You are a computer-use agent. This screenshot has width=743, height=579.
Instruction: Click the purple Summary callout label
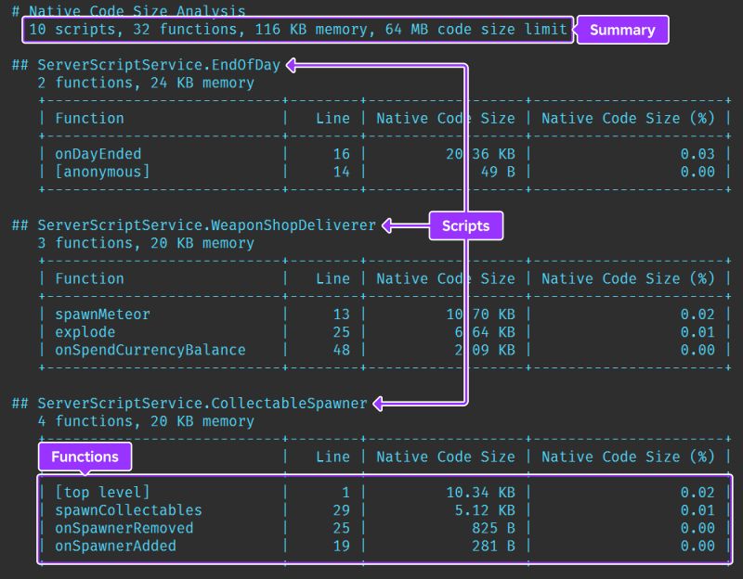point(622,30)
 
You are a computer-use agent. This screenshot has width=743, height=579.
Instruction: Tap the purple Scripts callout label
point(465,225)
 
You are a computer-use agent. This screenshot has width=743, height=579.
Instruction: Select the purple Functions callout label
point(85,457)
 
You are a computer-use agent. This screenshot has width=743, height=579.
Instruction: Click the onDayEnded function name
point(98,154)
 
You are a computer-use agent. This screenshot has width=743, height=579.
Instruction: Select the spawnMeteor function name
point(102,315)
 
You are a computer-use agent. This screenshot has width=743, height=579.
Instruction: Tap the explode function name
point(85,332)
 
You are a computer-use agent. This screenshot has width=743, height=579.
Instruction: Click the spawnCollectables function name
point(128,510)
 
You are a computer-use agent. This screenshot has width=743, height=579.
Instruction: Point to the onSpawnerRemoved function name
point(124,528)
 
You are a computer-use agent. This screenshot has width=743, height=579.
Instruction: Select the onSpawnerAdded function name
point(115,546)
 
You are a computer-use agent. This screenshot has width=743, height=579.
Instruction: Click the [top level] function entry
point(102,493)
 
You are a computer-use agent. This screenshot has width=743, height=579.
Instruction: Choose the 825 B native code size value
point(493,528)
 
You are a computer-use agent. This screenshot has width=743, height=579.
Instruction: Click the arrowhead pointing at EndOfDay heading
point(292,66)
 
